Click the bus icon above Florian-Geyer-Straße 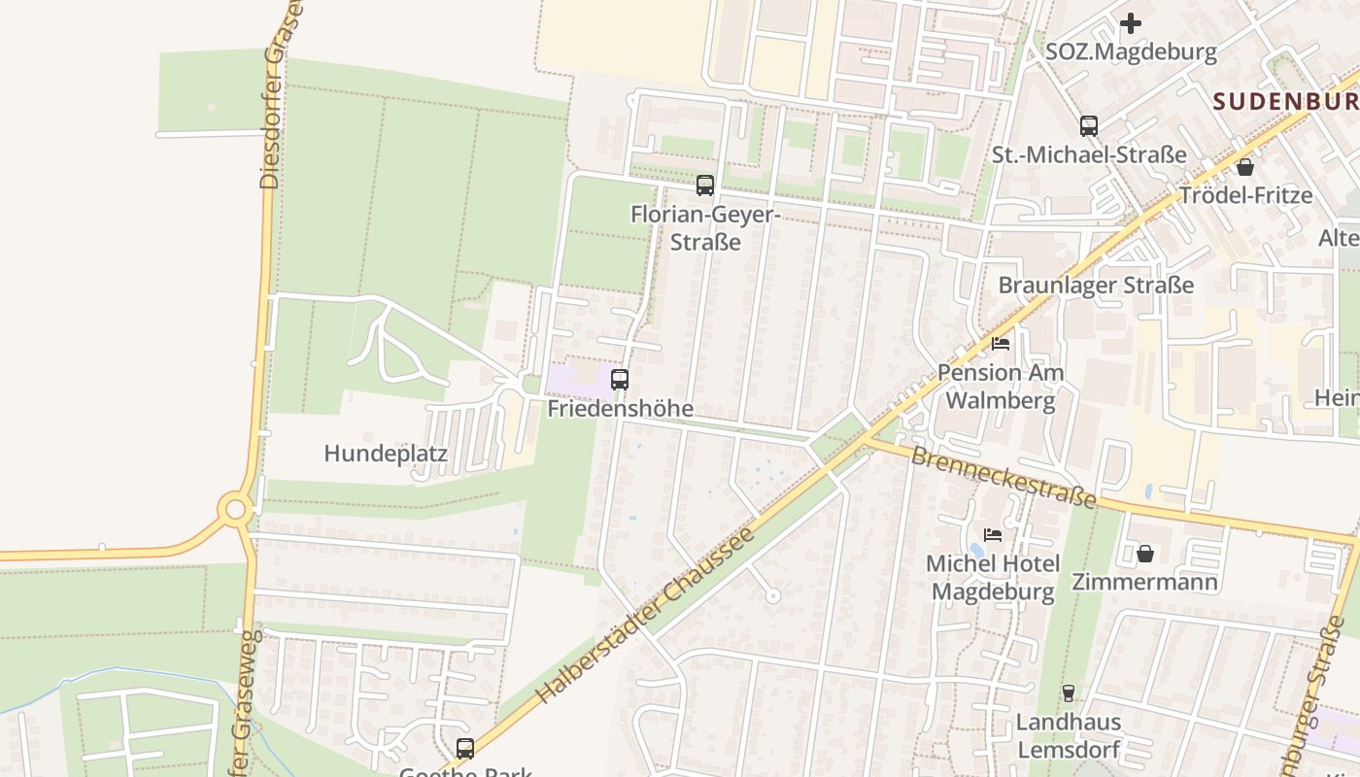tap(705, 185)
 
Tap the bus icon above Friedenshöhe tap(620, 379)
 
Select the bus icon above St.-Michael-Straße tap(1089, 125)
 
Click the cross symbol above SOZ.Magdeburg tap(1131, 23)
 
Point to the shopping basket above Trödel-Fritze tap(1245, 167)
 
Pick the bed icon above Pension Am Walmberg tap(1001, 344)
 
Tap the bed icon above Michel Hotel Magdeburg tap(992, 534)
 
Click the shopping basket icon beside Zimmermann tap(1145, 554)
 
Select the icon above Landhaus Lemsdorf tap(1068, 693)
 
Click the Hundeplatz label tap(386, 454)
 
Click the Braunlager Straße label tap(1096, 286)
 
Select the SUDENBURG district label tap(1285, 100)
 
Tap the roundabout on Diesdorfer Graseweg tap(234, 508)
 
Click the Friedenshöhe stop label tap(621, 409)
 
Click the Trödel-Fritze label tap(1245, 195)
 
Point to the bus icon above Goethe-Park tap(465, 748)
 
